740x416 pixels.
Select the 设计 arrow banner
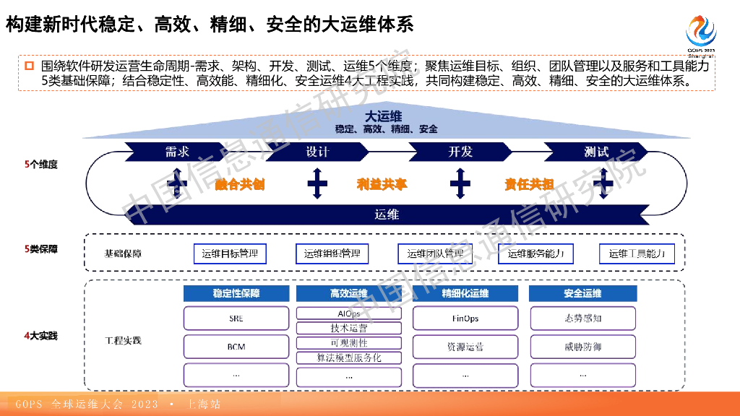(317, 152)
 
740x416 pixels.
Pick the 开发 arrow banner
(460, 152)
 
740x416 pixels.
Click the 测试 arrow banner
(596, 152)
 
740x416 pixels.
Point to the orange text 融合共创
(240, 184)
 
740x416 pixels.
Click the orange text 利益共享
(382, 184)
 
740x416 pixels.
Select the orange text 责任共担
(529, 184)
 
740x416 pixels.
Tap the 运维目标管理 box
(231, 253)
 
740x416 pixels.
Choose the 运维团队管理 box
(435, 253)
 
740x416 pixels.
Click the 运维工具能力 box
(637, 253)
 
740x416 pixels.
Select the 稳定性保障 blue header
(236, 293)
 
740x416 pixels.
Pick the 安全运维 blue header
(582, 293)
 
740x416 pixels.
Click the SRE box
(236, 318)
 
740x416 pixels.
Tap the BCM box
(236, 347)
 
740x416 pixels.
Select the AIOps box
(349, 313)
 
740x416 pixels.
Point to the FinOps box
(465, 318)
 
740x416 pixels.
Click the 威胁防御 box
(582, 347)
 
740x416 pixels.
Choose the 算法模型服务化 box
(349, 357)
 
